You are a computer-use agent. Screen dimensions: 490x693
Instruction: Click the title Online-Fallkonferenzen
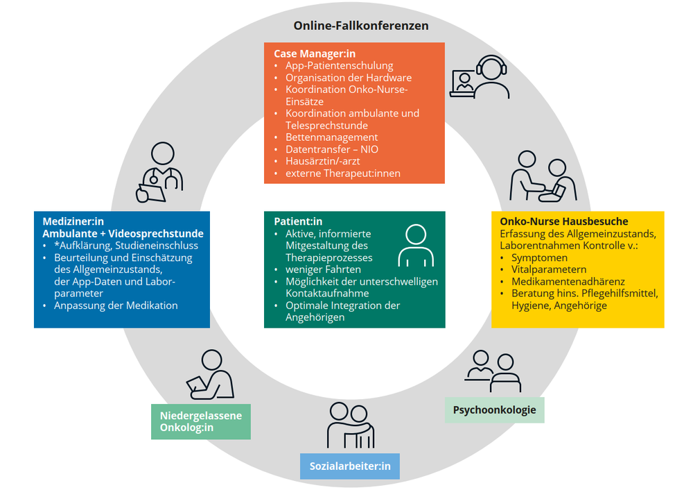[x=360, y=26]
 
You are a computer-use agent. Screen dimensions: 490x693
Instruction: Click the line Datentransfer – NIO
[x=332, y=149]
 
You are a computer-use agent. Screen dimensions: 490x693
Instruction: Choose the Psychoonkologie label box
[x=494, y=410]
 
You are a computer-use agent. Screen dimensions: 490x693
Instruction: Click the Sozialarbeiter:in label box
[x=350, y=466]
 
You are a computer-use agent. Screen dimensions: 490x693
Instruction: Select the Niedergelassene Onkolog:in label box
[x=200, y=421]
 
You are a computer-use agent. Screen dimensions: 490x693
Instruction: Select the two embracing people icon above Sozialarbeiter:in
[x=351, y=424]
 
